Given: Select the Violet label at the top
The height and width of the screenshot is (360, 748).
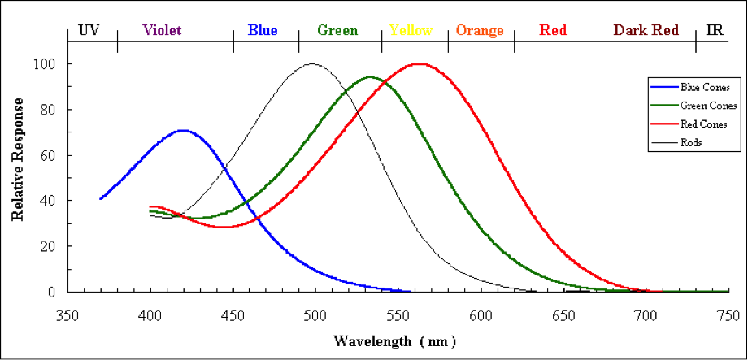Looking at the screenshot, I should point(162,31).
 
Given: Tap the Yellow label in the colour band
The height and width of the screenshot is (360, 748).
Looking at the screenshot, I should point(411,31).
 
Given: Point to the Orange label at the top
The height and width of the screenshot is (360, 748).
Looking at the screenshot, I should point(480,31).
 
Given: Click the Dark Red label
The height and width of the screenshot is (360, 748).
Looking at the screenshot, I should point(646,31).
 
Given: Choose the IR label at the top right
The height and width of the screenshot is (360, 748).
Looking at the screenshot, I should point(715,31).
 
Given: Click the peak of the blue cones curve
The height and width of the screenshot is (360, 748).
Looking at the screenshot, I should point(183,130).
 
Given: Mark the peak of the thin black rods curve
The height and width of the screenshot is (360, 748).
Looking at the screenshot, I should point(311,63).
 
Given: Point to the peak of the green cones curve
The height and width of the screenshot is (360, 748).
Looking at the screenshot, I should point(371,77).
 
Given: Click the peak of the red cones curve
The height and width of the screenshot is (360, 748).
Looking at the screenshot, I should point(419,63).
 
